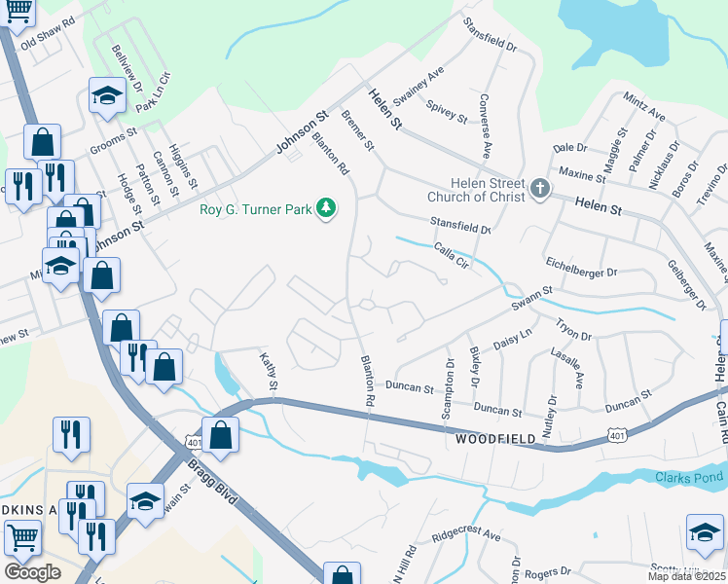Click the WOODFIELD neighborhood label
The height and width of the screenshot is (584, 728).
click(x=495, y=440)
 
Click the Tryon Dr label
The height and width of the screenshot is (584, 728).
click(x=572, y=329)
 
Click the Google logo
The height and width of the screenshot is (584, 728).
click(x=32, y=572)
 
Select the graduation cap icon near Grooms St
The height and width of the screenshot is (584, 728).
click(x=106, y=96)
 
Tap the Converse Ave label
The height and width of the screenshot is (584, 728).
click(x=484, y=127)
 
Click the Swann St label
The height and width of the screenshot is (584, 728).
click(x=533, y=297)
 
